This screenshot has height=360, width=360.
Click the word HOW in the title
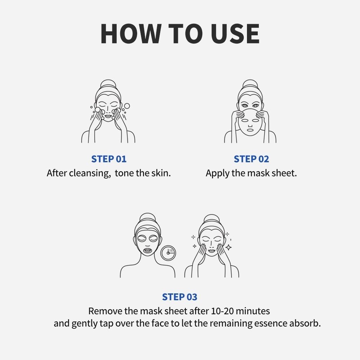pos(131,33)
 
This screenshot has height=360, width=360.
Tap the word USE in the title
pos(235,33)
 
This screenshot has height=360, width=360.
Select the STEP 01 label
pos(109,159)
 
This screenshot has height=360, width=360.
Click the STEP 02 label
pos(251,159)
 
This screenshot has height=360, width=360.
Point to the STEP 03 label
pos(180,297)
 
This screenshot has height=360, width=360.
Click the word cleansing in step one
pos(90,174)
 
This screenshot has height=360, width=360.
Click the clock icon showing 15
pos(168,253)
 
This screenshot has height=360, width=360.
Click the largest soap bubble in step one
pos(127,106)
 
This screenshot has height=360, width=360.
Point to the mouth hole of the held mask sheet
pos(250,130)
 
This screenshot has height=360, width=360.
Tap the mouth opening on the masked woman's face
pos(147,250)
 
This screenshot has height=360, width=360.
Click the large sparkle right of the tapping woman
pos(229,247)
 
